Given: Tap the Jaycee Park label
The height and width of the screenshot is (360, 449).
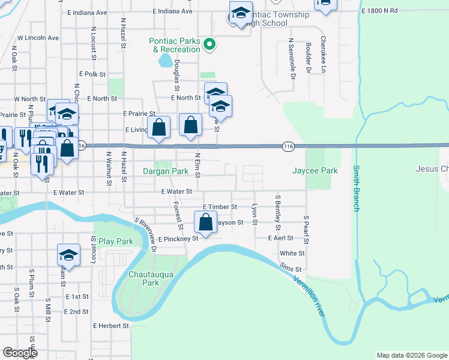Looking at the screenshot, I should pos(315,171).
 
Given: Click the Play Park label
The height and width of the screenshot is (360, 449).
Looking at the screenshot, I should pos(116,242).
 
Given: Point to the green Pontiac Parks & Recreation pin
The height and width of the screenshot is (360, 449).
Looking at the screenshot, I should pos(209,43).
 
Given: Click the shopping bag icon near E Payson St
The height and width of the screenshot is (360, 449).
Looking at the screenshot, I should pos(205,222).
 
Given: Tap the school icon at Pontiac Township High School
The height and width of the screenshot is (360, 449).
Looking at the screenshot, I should pos(240,13).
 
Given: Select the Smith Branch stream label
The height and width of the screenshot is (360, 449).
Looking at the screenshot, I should pos(356,188).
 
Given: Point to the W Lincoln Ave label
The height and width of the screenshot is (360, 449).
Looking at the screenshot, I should pos(38,38).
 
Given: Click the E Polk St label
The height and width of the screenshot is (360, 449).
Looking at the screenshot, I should pos(92,74).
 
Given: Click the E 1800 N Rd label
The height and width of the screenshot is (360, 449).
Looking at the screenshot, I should pos(380,11).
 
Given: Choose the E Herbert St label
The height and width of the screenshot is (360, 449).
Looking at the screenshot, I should pos(111,326).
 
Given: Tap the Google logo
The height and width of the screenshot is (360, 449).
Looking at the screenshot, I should pos(20,353).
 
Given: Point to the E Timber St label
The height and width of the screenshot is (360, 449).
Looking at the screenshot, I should pos(220,207).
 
